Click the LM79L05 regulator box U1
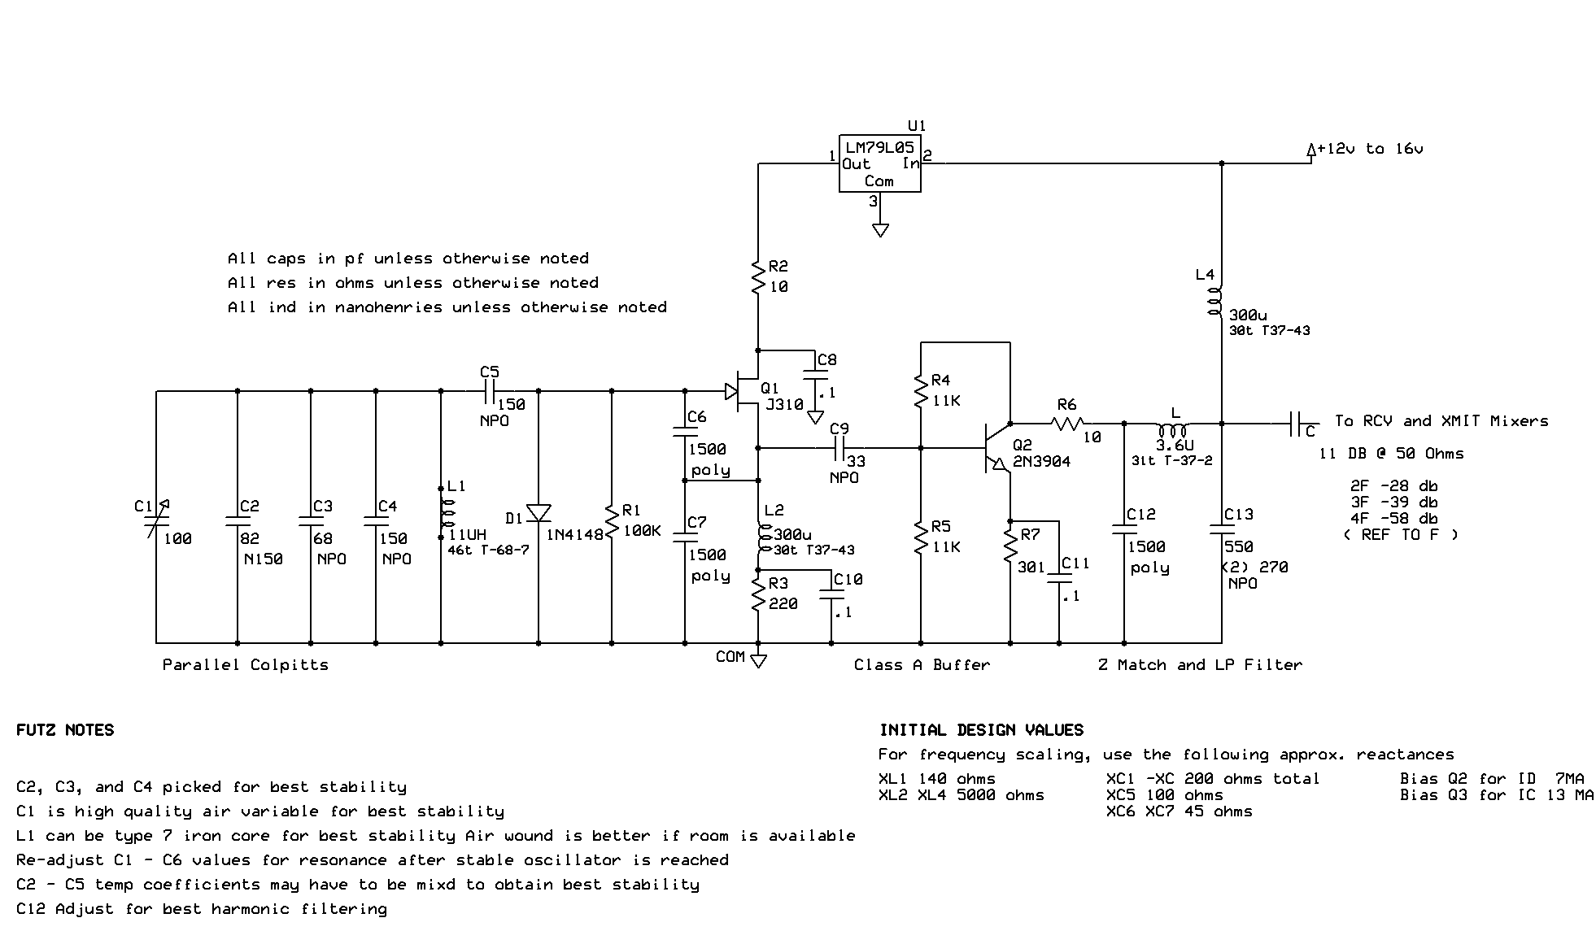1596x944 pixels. (879, 163)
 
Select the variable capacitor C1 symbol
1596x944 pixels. (156, 518)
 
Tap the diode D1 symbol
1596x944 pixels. (539, 513)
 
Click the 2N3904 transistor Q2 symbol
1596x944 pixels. (996, 446)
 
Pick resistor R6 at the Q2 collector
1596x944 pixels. (1066, 424)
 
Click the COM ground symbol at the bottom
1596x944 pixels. (758, 660)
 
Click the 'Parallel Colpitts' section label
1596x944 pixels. (245, 664)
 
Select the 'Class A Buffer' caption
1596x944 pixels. (921, 664)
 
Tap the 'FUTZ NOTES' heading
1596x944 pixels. (65, 729)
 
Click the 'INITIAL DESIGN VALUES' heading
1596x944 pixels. (981, 729)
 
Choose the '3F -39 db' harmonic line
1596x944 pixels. (1393, 502)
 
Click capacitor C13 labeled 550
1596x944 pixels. (1222, 529)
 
